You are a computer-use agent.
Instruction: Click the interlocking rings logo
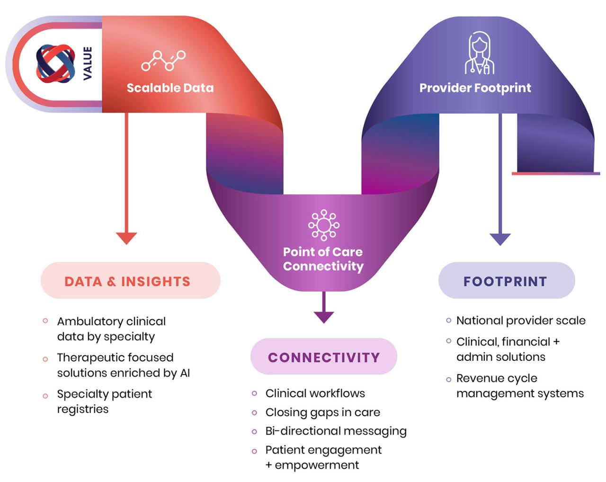tap(55, 63)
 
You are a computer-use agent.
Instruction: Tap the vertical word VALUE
tap(88, 63)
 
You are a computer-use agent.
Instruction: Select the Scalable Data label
tap(170, 88)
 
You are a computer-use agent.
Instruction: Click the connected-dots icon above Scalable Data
tap(163, 61)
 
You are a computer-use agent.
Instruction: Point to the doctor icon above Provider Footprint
tap(479, 53)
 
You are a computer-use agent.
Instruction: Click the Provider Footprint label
tap(475, 88)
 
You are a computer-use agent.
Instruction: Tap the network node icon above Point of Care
tap(324, 224)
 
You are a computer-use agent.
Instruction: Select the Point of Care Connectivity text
tap(323, 259)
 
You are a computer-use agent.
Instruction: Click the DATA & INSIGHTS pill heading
tap(127, 281)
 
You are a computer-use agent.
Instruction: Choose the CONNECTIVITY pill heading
tap(324, 357)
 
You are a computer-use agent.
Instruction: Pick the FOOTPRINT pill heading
tap(505, 281)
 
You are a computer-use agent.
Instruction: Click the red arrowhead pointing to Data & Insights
tap(126, 238)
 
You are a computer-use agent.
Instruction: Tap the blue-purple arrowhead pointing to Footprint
tap(500, 239)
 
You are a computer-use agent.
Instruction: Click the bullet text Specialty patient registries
tap(104, 402)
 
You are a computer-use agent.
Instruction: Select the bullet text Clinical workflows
tap(315, 393)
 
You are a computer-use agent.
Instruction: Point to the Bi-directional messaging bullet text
tap(336, 431)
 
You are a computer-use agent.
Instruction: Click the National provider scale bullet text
tap(521, 321)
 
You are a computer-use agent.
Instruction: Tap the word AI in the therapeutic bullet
tap(185, 373)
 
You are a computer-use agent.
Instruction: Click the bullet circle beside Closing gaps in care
tap(255, 413)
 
